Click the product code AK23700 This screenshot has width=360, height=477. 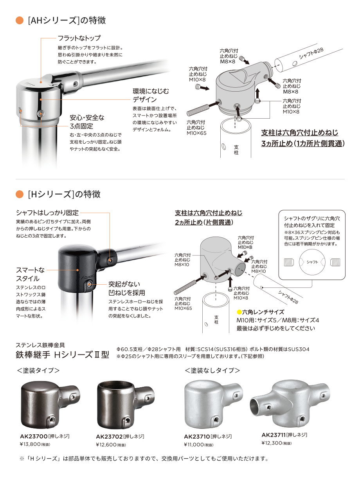point(34,436)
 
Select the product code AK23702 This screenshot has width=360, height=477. point(109,436)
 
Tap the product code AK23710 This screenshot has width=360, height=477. point(197,436)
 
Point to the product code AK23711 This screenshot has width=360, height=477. point(274,435)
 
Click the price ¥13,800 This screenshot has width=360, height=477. point(30,444)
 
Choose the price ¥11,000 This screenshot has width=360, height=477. point(194,444)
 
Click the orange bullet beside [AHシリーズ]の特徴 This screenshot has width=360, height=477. point(20,20)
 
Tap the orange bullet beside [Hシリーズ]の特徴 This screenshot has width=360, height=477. point(20,194)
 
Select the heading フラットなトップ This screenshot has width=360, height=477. point(79,38)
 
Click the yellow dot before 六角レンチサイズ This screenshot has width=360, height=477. point(239,312)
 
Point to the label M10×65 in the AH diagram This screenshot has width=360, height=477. point(196,133)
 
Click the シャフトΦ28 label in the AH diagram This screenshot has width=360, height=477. point(311,53)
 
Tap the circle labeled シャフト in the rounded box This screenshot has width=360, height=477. point(312,262)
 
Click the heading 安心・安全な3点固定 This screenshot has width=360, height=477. point(87,122)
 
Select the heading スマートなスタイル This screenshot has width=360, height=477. point(30,274)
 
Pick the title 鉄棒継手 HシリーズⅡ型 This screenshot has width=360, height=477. point(62,355)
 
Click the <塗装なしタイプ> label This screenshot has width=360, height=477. point(212,370)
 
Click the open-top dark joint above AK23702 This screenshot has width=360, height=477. point(126,405)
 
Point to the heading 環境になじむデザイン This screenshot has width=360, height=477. point(151,96)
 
